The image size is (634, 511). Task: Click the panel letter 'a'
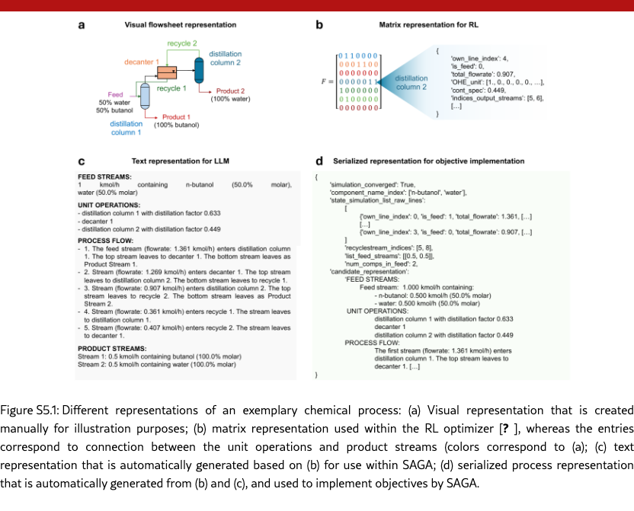click(x=81, y=25)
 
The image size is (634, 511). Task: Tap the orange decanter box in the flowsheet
click(x=166, y=73)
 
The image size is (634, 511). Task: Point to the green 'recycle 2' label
click(x=183, y=43)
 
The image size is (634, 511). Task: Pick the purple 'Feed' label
click(x=115, y=94)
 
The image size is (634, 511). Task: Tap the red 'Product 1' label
click(x=176, y=117)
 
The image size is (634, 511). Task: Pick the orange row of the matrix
click(x=358, y=65)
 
